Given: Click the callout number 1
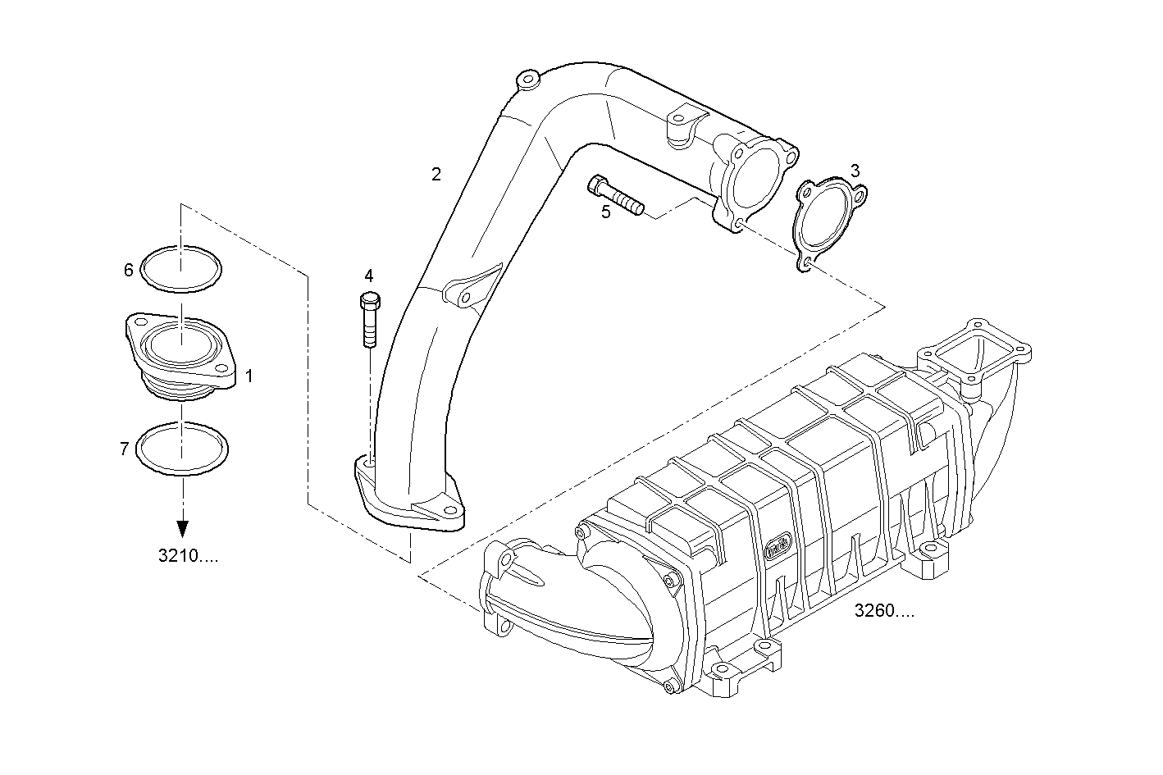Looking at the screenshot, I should (x=249, y=376).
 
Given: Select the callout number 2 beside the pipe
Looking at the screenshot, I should (x=436, y=174).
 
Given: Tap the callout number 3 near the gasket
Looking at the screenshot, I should (x=855, y=171).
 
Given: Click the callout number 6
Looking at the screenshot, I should (x=128, y=270).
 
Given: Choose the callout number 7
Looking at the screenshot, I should (x=124, y=448).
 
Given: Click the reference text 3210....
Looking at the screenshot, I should (x=189, y=556).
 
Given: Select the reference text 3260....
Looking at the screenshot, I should (x=884, y=610).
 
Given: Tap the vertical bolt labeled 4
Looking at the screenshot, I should (x=369, y=320).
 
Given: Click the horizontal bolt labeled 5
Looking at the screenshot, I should (x=616, y=194).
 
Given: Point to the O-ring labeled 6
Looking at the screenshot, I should (x=181, y=268).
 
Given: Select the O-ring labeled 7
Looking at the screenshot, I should (x=181, y=449).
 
